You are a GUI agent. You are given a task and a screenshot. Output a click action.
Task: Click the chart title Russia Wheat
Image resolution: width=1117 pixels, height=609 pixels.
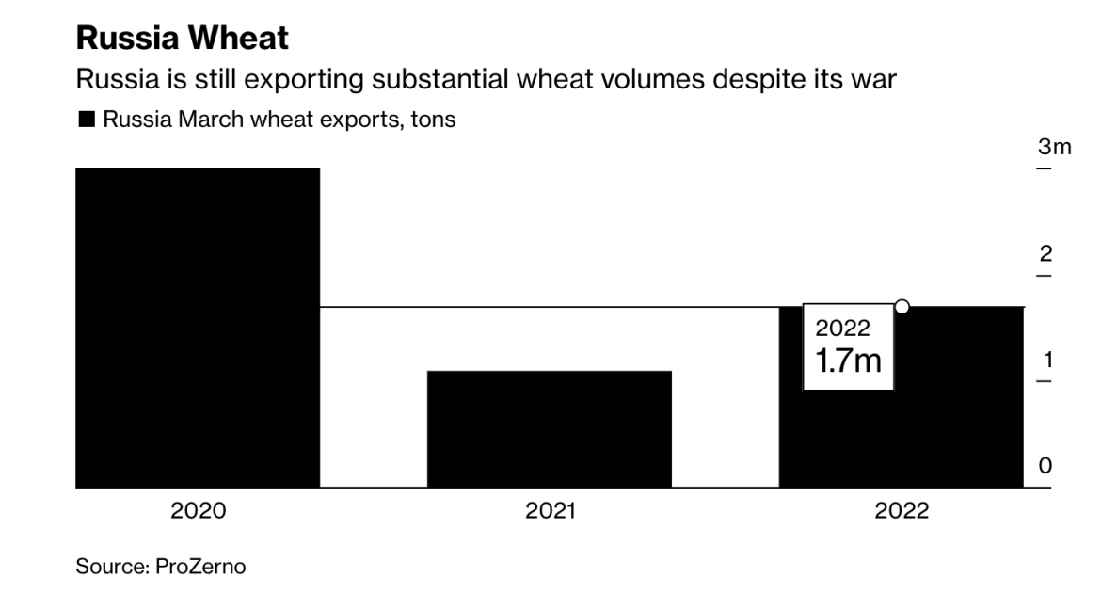(x=182, y=40)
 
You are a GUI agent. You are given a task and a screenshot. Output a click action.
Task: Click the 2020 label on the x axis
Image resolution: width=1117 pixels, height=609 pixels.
(x=198, y=511)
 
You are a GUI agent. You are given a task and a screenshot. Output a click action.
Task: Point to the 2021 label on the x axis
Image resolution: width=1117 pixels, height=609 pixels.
(x=550, y=511)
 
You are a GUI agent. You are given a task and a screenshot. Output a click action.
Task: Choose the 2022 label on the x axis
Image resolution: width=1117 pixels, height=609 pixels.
(x=901, y=511)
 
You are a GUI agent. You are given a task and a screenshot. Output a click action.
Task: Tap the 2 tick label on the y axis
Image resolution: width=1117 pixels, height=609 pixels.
(x=1045, y=254)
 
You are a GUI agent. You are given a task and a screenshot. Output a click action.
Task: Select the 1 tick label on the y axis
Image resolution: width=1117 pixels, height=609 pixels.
(x=1045, y=360)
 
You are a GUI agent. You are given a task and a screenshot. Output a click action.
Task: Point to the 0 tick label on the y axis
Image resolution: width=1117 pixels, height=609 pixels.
(x=1045, y=466)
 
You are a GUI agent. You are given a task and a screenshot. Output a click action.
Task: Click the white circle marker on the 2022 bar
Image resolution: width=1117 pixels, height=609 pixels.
(x=902, y=306)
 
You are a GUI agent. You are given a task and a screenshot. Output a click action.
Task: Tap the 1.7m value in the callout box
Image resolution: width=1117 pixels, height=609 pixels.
(x=848, y=361)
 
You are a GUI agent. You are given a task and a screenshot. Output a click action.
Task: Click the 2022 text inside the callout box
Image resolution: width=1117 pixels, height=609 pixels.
(x=842, y=329)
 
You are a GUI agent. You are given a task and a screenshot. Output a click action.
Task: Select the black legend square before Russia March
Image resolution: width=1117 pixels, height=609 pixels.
(x=86, y=120)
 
